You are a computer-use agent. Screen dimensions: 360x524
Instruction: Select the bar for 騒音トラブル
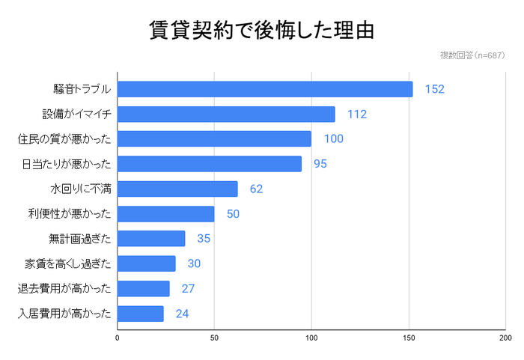(x=265, y=89)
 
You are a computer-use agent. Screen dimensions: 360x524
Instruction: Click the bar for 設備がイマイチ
(x=226, y=115)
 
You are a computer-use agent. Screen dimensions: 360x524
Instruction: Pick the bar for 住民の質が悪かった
(x=214, y=139)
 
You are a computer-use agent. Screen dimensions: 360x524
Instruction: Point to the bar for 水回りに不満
(x=177, y=189)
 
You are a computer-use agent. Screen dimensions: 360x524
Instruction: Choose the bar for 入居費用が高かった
(x=141, y=314)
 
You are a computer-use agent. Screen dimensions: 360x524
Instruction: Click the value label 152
(x=434, y=89)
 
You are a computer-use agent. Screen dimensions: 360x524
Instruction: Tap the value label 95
(x=320, y=164)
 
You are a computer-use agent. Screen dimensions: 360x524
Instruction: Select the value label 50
(x=233, y=214)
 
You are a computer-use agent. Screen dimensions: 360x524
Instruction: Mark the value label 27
(x=188, y=289)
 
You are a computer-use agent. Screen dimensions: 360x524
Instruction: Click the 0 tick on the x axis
(x=118, y=338)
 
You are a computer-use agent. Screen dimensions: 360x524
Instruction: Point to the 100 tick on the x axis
(x=311, y=338)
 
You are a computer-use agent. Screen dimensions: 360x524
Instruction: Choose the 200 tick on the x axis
(x=505, y=338)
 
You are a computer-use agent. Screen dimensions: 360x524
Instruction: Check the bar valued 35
(x=151, y=239)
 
